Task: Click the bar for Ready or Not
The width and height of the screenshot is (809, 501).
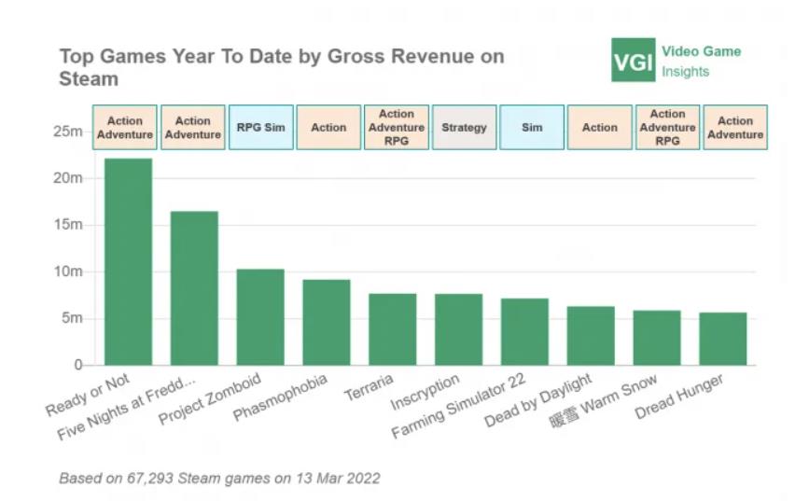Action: point(128,262)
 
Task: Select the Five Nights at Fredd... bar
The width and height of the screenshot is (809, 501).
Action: point(194,288)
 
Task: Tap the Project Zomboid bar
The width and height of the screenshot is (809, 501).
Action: point(260,317)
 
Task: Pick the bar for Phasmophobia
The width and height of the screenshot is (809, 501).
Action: point(327,323)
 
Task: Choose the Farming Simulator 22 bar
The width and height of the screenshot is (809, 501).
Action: point(525,332)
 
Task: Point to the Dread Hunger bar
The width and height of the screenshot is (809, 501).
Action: point(723,339)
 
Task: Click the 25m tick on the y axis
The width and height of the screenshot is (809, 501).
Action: point(69,132)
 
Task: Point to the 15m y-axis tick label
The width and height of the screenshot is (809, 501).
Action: point(69,225)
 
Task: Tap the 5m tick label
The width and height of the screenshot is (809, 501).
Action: point(73,318)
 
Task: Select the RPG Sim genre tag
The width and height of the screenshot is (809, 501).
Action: point(260,128)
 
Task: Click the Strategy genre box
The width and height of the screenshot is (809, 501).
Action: point(464,128)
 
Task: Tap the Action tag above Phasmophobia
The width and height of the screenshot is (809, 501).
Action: point(328,128)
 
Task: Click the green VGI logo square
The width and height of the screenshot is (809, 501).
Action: point(634,61)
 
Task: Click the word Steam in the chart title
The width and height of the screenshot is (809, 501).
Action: point(89,79)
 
